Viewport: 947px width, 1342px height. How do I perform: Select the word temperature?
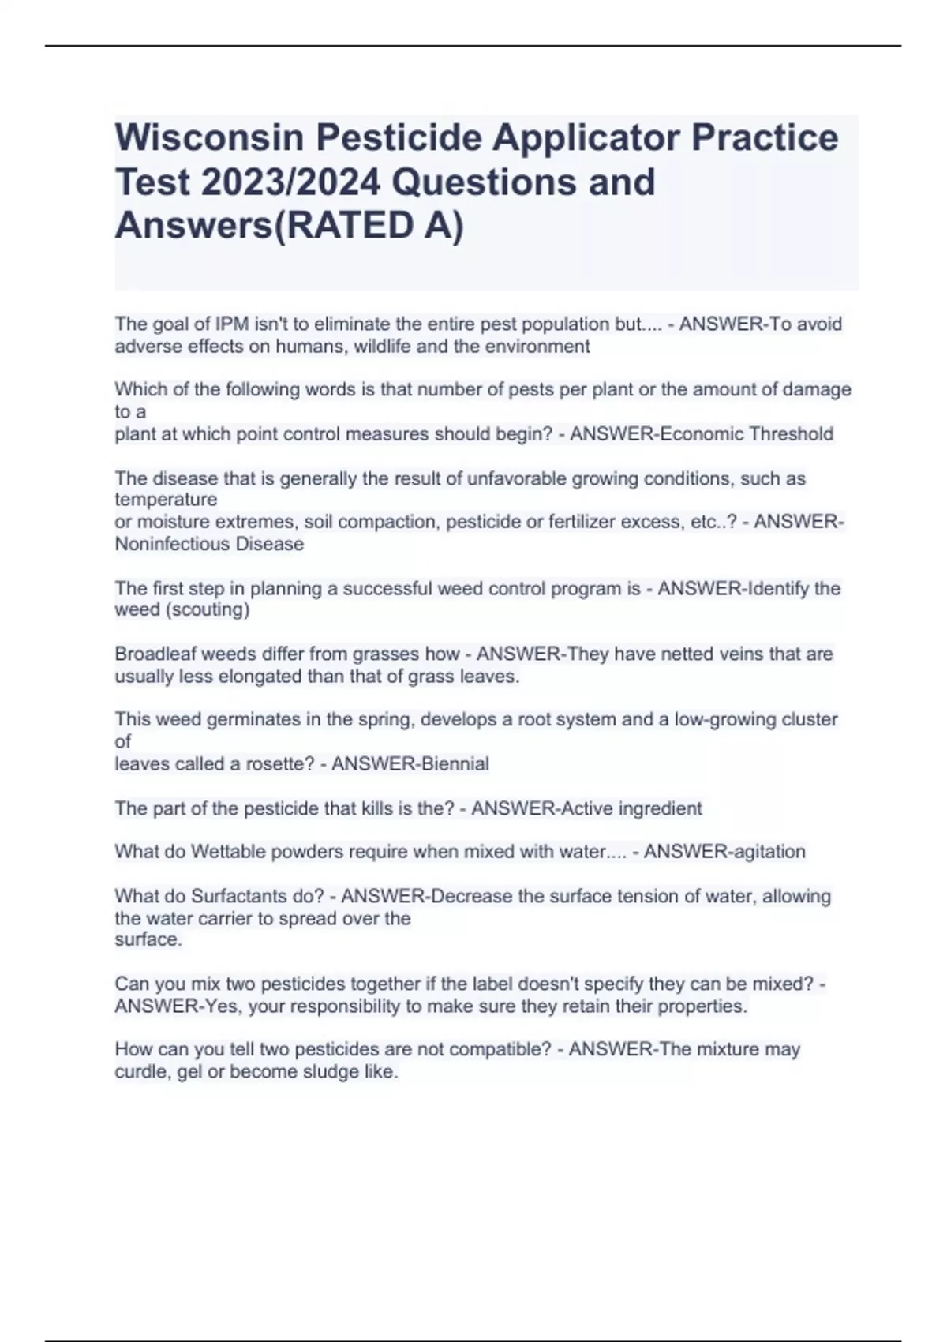(x=166, y=500)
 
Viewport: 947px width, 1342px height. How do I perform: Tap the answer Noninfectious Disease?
(x=209, y=544)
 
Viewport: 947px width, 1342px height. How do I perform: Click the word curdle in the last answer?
(x=140, y=1072)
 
